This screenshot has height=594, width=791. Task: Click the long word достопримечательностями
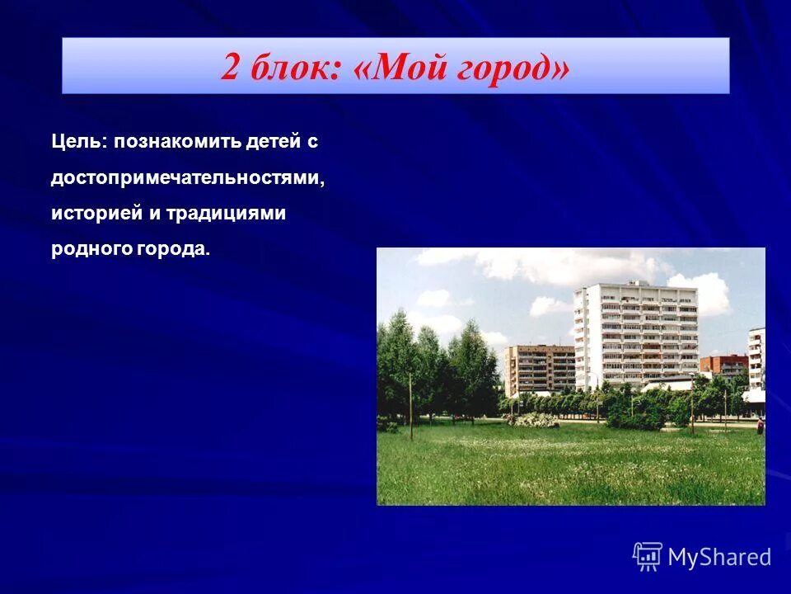pyautogui.click(x=188, y=178)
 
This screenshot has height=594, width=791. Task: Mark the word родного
pyautogui.click(x=86, y=249)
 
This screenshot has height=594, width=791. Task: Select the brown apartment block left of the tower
pyautogui.click(x=540, y=369)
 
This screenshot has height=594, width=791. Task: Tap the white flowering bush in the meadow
pyautogui.click(x=531, y=419)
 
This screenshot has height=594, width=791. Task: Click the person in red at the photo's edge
pyautogui.click(x=761, y=424)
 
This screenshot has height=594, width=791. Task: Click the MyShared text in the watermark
pyautogui.click(x=719, y=557)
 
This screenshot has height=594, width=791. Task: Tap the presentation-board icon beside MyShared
pyautogui.click(x=648, y=557)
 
